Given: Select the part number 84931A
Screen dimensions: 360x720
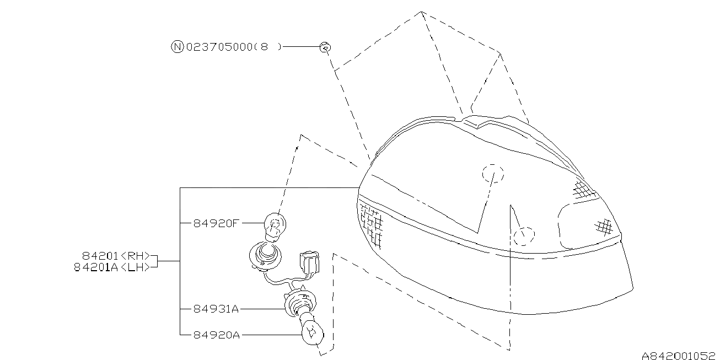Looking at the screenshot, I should [x=216, y=309].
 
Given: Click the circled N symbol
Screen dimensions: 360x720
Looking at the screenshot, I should [x=176, y=47].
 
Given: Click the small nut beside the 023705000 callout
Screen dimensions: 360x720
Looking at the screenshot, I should [x=325, y=48].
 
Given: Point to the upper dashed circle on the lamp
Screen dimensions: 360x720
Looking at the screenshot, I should [x=493, y=173].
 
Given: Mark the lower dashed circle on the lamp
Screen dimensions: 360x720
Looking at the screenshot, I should [x=524, y=236].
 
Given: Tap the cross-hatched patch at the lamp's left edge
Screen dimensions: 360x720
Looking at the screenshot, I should [x=371, y=223].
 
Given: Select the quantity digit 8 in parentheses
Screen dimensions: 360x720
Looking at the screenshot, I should [x=265, y=47].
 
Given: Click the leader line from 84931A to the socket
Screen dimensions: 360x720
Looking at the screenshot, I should [x=262, y=309].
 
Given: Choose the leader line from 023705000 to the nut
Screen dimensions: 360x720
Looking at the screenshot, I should [x=301, y=47].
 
